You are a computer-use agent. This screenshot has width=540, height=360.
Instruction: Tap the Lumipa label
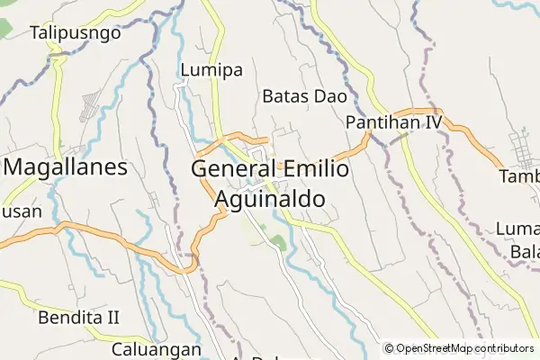(x=211, y=69)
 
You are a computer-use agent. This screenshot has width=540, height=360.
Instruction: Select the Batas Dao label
(x=298, y=94)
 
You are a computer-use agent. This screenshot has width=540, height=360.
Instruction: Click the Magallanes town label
(x=66, y=167)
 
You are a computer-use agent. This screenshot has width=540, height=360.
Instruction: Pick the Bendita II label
(x=79, y=317)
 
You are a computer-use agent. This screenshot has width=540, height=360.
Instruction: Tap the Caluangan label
(x=150, y=347)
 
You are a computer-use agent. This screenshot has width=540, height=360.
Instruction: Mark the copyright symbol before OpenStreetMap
(x=390, y=348)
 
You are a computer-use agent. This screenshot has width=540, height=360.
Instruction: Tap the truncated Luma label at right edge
(x=517, y=229)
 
